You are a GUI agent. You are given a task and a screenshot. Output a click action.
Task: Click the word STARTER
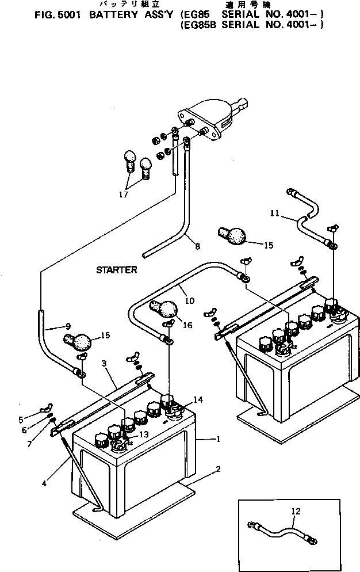coord(116,270)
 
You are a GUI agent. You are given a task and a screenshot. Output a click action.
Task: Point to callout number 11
coord(275,213)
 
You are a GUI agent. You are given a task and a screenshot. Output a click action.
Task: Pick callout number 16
coord(187,326)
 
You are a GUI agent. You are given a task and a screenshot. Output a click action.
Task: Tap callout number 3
coord(104,365)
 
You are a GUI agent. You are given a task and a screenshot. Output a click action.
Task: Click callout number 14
coord(197,399)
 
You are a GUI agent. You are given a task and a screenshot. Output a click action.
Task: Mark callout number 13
coord(142,434)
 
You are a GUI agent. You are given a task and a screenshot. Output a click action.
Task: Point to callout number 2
coord(217,469)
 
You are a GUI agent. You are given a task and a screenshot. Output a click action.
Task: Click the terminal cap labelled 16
coord(163,309)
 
